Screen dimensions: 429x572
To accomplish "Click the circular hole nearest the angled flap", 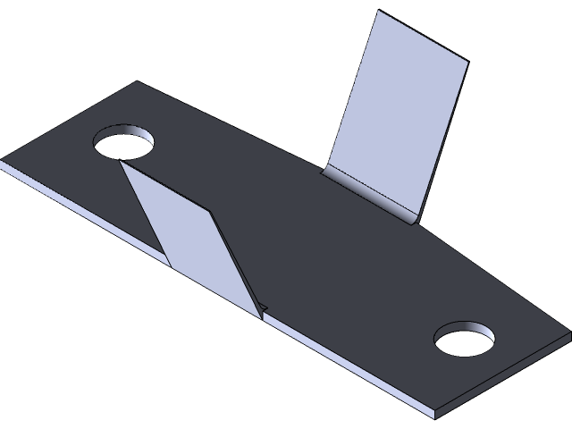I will click(124, 144).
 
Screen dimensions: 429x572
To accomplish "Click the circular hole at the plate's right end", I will click(465, 341).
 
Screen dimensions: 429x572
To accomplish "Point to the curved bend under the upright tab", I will click(371, 192).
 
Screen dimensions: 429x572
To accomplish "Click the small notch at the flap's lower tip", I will click(264, 311).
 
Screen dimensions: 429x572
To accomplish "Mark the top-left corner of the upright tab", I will click(379, 12).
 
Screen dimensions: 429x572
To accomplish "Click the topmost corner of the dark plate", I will click(138, 82).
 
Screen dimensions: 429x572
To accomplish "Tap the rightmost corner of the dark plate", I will click(569, 332).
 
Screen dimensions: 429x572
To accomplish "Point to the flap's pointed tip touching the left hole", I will click(119, 163).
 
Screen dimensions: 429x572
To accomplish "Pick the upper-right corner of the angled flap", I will click(212, 212).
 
